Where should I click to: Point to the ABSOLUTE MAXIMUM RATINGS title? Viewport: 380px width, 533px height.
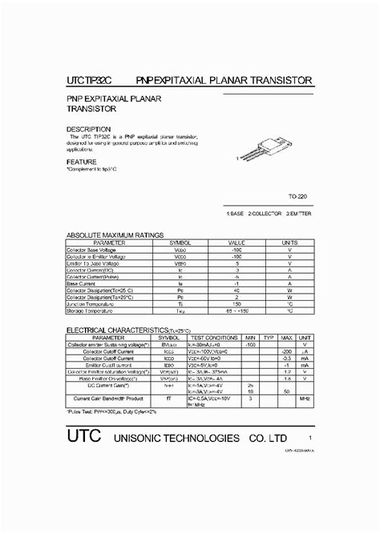pos(115,235)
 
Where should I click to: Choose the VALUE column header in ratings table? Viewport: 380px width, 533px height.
pos(236,242)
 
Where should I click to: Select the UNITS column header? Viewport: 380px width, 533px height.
pos(289,242)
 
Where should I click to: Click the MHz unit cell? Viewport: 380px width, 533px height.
pos(305,398)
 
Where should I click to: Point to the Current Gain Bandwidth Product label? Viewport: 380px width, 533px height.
pos(108,398)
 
